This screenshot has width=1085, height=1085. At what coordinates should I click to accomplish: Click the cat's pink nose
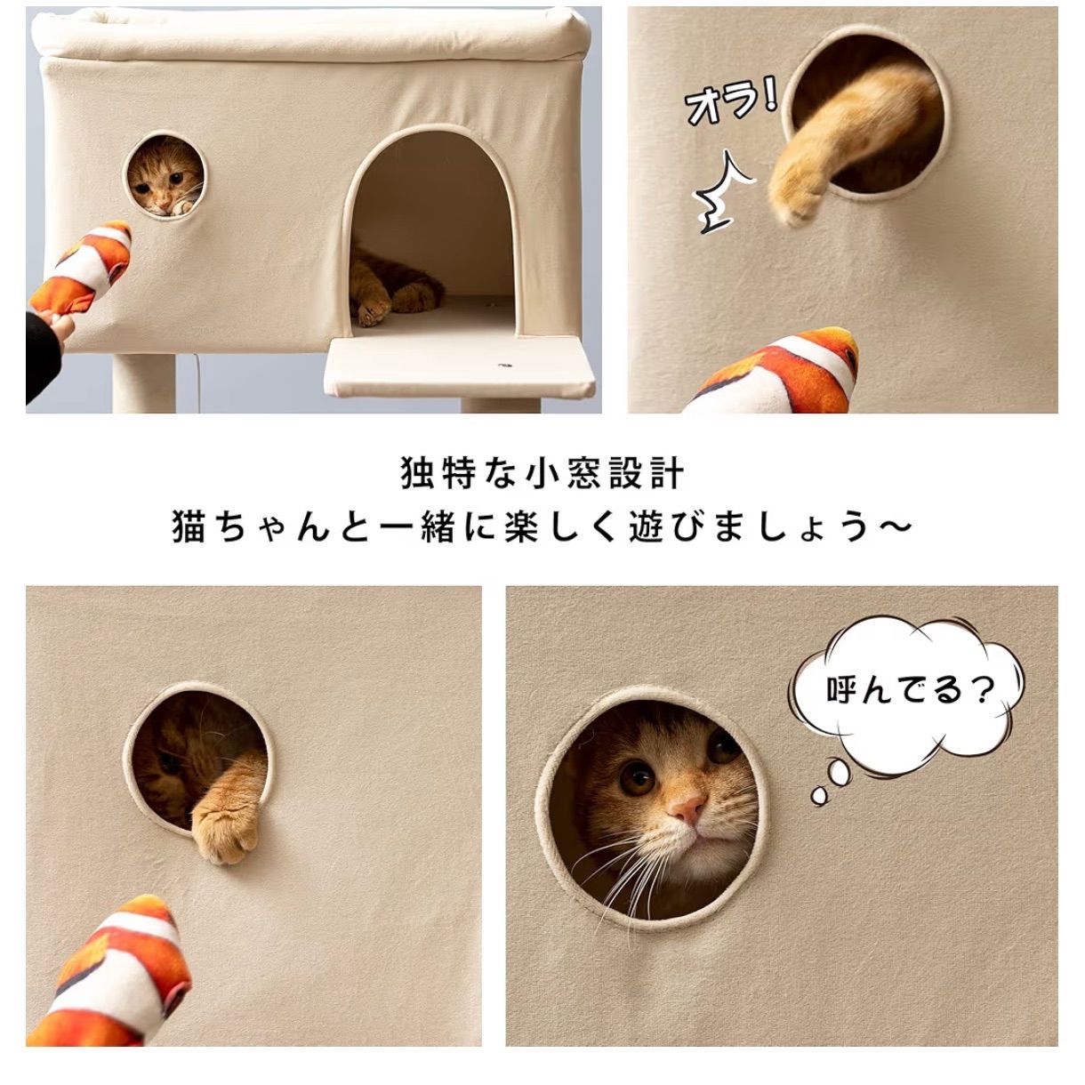tap(687, 808)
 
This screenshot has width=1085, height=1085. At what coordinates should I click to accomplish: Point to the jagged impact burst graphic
tap(722, 194)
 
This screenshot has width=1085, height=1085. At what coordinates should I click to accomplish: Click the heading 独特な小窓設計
tap(542, 473)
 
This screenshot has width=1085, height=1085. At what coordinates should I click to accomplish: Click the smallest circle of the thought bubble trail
tap(818, 794)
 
